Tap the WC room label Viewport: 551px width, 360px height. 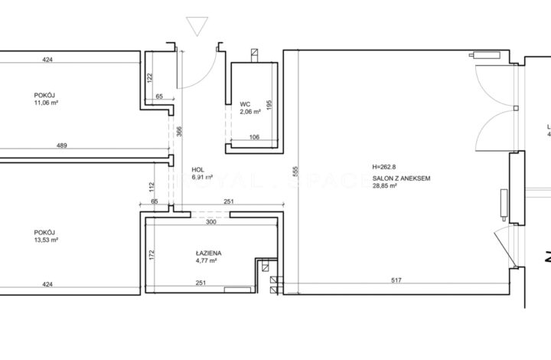pos(246,103)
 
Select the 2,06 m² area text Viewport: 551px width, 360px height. pos(250,112)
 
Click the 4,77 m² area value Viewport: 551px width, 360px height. pos(207,260)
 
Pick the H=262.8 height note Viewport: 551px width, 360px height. pos(386,168)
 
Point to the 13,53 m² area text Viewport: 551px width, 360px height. pos(47,241)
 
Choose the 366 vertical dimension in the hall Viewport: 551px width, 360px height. pos(180,132)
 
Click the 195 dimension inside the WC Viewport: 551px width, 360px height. pos(269,107)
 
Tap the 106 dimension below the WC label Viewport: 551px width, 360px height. pos(254,138)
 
